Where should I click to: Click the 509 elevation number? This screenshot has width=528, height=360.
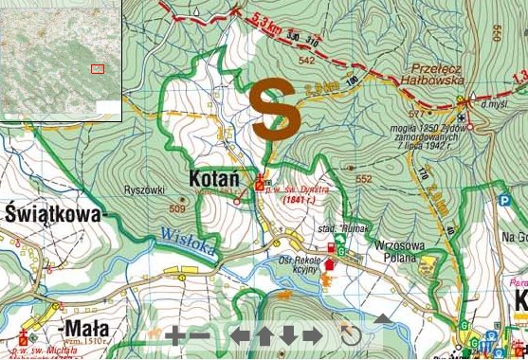point(177,208)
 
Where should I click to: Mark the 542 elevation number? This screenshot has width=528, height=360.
point(305,61)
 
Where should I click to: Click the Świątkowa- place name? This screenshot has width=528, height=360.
point(52,214)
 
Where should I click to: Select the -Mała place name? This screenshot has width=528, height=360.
point(85,329)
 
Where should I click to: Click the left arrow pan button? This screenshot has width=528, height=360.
point(241,335)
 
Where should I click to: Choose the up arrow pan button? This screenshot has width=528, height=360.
point(264,335)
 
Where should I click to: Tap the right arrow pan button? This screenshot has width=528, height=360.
point(312,335)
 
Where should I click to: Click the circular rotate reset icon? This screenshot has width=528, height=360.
point(351,335)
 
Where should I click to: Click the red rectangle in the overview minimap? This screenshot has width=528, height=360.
point(97,68)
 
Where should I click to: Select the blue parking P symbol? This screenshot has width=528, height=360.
point(504,200)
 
